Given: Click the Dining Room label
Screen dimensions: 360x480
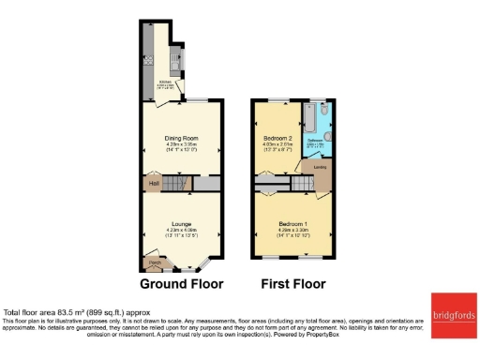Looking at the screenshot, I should pos(181,138).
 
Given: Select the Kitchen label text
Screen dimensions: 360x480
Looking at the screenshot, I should pos(165,82).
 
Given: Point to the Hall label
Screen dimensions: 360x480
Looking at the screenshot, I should pos(153,184).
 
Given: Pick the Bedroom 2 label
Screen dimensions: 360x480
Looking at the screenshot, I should pos(278,138).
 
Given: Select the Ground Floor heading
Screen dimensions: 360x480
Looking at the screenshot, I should pos(182,283).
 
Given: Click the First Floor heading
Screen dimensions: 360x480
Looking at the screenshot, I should pos(293,283).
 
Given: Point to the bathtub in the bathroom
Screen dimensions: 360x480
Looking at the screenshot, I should pos(309,118).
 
